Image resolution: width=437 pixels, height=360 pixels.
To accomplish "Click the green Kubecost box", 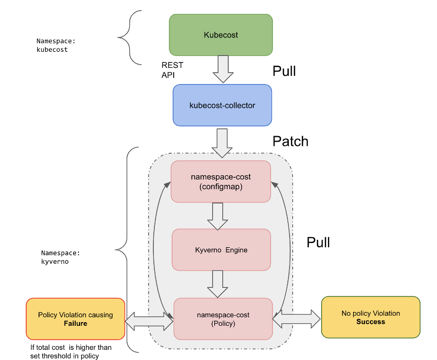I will (x=221, y=35).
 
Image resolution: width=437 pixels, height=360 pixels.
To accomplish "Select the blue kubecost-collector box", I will (x=222, y=105).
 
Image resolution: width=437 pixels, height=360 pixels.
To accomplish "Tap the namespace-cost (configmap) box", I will (x=221, y=182).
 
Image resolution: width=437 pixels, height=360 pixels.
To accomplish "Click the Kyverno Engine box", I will (x=221, y=249).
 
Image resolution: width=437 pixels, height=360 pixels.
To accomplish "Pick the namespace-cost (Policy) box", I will (x=223, y=319).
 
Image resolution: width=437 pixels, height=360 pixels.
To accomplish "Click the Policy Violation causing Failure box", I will (x=75, y=319).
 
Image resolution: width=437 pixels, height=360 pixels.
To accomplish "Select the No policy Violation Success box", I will (x=370, y=317).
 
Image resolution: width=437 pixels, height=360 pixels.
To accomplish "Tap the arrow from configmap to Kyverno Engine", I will (x=217, y=216).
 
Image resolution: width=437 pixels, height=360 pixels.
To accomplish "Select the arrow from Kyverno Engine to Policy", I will (x=217, y=284).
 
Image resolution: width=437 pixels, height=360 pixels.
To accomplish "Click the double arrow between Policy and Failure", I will (x=149, y=320).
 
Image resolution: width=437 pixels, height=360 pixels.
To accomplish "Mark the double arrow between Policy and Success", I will (x=296, y=320).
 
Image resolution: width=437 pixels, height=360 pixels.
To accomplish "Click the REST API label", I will (x=172, y=70).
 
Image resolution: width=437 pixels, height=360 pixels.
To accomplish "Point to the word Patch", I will (x=290, y=142).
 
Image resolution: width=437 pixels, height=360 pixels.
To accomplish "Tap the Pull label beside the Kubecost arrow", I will (x=284, y=71).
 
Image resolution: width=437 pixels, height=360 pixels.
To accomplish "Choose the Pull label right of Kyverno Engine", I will (x=318, y=242).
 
